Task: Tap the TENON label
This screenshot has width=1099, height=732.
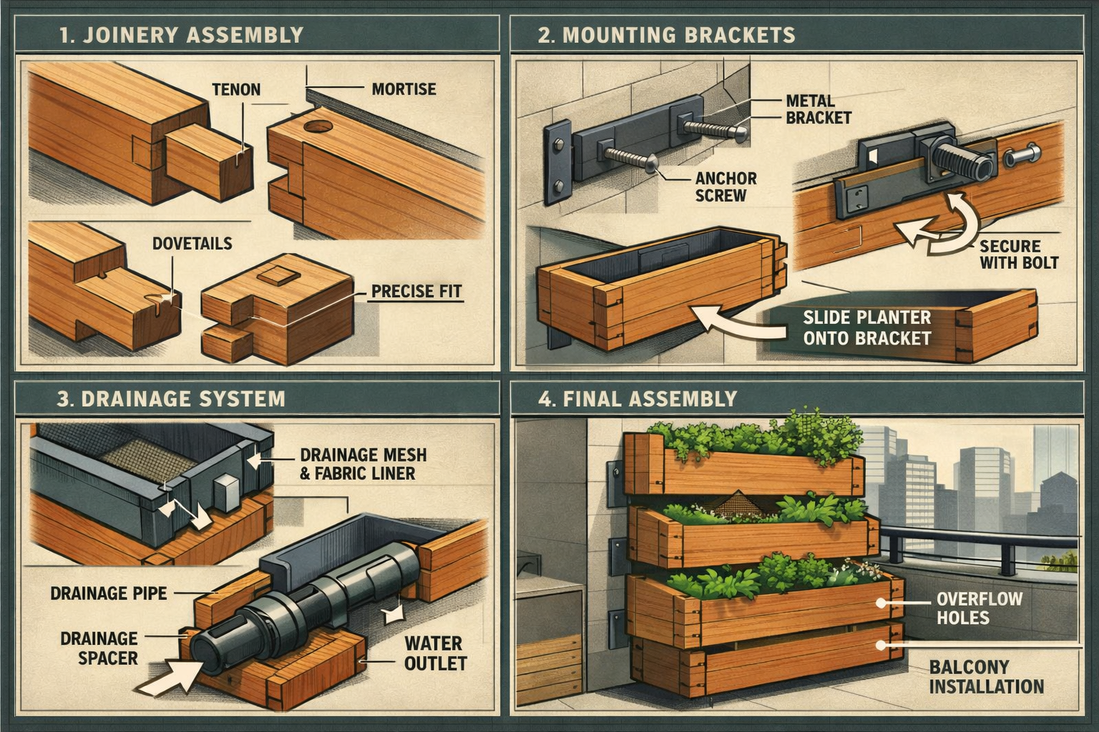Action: (236, 90)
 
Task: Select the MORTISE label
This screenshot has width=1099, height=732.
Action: (404, 89)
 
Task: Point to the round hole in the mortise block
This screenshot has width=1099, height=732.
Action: (318, 128)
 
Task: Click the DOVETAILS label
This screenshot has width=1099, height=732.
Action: (192, 244)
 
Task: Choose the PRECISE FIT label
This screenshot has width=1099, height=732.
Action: (416, 292)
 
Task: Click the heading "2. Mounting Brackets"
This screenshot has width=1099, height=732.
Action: (666, 35)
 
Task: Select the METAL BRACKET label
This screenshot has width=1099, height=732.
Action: (818, 109)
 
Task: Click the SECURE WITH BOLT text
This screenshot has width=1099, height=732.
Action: (1018, 254)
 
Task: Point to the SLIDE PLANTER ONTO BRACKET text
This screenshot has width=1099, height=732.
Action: (866, 328)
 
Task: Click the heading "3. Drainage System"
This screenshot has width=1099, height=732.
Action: (171, 399)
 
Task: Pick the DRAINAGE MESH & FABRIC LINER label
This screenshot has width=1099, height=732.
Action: (363, 463)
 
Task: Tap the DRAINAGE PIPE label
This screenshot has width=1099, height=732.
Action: (109, 593)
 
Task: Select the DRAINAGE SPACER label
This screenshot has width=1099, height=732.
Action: (99, 648)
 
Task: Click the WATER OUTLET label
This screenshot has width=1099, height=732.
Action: (434, 653)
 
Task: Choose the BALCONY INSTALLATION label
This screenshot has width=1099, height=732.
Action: (986, 677)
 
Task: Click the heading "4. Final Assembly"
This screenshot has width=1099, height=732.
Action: (637, 399)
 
